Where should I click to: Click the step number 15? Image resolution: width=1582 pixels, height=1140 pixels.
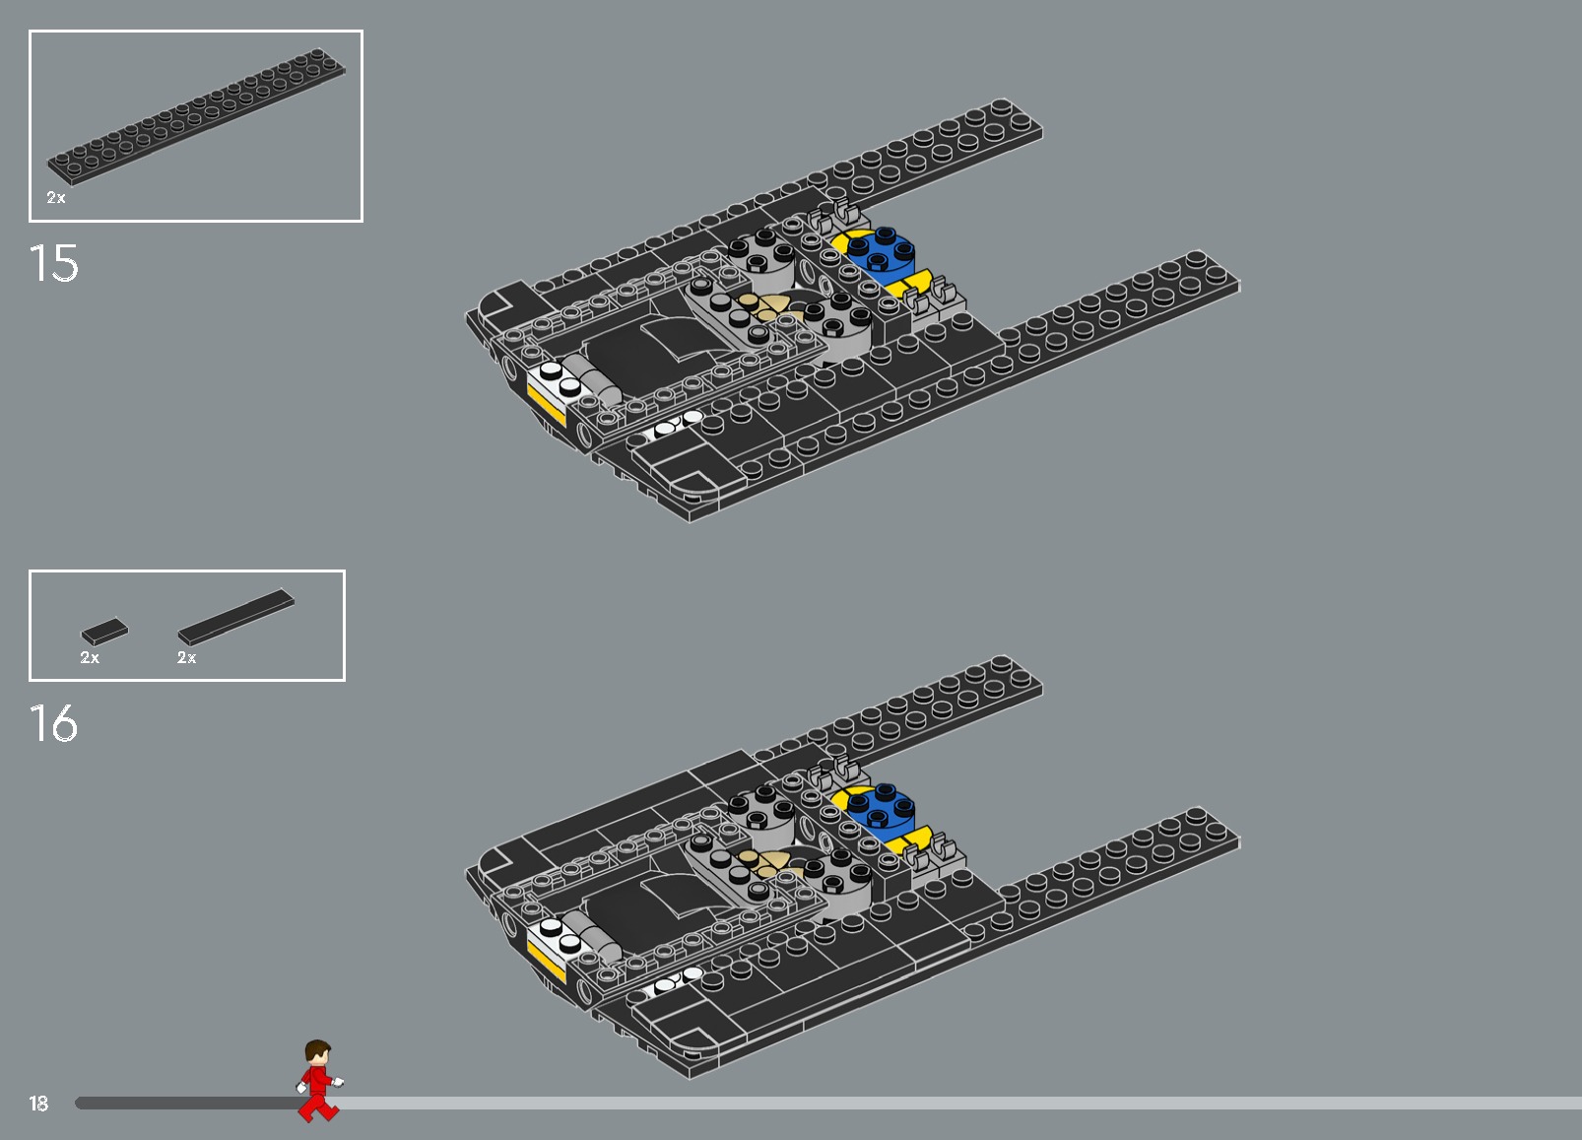[54, 264]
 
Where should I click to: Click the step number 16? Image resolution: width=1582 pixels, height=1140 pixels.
[54, 724]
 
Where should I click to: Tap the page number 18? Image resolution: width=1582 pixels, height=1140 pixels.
[38, 1104]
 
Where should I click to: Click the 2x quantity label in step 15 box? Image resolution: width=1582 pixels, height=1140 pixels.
[56, 198]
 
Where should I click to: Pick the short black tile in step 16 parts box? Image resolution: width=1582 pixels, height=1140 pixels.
[104, 631]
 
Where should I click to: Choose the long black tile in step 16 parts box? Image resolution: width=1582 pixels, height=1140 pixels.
[236, 617]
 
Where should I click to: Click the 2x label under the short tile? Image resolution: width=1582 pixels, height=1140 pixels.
[90, 657]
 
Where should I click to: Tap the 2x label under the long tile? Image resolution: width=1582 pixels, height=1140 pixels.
[186, 657]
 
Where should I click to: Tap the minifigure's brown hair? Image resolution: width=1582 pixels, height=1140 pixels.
[317, 1047]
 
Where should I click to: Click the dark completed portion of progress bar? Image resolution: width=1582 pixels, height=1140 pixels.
[187, 1104]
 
